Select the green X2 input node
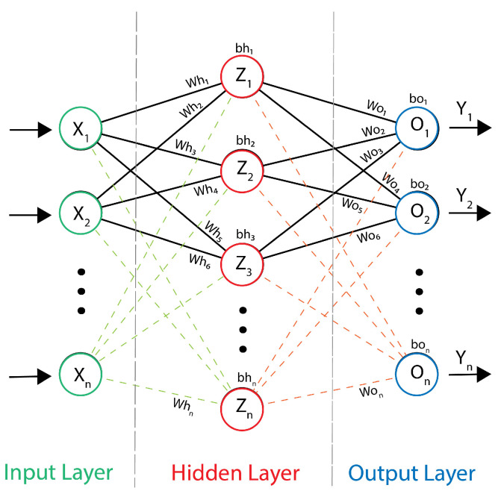point(79,215)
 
